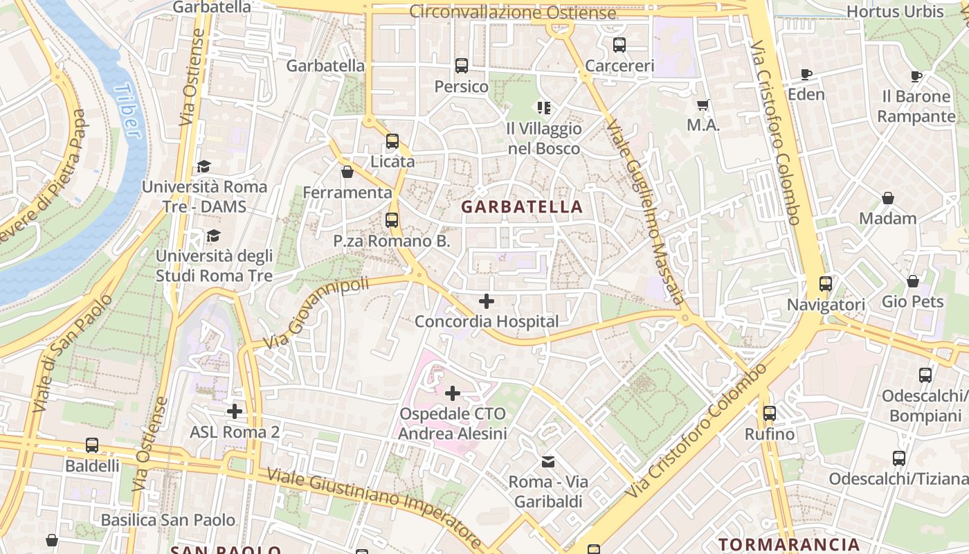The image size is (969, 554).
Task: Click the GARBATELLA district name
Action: click(522, 206)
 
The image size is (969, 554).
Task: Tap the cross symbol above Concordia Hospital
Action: click(487, 301)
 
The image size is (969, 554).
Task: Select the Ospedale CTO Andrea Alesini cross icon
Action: click(453, 393)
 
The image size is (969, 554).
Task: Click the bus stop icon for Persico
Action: click(462, 66)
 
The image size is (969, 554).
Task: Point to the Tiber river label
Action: click(129, 111)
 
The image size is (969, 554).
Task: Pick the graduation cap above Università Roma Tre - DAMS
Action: click(203, 166)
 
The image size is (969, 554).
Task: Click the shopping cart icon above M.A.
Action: click(703, 105)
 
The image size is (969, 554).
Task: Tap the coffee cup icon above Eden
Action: click(806, 74)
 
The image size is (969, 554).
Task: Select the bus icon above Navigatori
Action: click(826, 284)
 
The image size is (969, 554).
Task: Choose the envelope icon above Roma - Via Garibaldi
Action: click(548, 461)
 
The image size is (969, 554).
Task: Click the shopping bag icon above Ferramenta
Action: click(347, 172)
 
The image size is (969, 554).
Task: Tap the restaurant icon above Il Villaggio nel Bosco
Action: click(544, 108)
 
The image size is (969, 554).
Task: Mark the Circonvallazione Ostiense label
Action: click(512, 12)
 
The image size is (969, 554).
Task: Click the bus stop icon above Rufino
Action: click(769, 413)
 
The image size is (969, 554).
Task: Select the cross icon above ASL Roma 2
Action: click(235, 411)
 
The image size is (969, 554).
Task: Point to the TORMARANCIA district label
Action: click(788, 544)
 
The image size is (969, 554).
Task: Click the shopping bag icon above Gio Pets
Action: click(913, 281)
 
